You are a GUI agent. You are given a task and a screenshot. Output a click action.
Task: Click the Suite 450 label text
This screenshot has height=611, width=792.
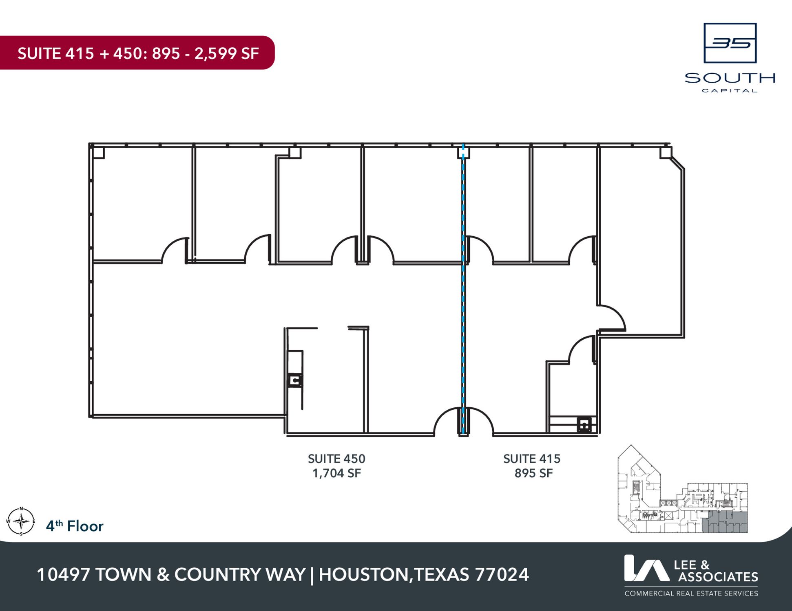336,459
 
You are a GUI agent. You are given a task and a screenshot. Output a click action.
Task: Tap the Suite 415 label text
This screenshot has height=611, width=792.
532,459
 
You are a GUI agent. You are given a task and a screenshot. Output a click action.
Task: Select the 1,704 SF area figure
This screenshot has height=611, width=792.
336,473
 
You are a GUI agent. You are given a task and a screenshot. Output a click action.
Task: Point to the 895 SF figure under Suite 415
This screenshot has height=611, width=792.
533,473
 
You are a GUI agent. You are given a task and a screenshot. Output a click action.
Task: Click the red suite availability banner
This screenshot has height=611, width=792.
137,53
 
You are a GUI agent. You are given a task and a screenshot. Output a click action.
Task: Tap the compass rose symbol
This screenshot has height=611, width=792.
21,521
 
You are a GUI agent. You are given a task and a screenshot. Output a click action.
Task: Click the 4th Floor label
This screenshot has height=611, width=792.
75,526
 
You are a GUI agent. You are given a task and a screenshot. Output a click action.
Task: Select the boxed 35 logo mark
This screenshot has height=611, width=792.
730,43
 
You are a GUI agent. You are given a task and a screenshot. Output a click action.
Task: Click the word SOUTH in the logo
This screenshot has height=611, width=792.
730,78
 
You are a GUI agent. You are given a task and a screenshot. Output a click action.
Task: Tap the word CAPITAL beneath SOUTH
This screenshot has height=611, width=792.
730,91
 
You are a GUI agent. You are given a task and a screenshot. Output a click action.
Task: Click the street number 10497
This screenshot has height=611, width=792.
63,575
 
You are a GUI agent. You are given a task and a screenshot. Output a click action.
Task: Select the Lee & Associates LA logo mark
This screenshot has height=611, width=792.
647,568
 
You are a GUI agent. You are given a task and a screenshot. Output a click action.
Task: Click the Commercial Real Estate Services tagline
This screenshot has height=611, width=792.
691,593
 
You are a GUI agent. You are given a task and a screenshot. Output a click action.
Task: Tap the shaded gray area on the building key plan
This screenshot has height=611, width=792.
725,522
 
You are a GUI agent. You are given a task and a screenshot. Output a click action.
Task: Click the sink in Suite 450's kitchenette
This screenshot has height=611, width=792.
295,380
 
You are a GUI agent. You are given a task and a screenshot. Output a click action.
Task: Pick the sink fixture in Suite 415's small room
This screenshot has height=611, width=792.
584,425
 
